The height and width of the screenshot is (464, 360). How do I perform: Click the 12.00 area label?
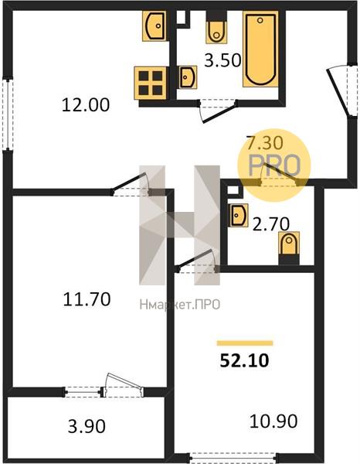(x=86, y=104)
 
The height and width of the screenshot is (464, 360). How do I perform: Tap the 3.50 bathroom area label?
(x=222, y=60)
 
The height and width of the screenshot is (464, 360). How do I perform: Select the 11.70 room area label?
(x=87, y=299)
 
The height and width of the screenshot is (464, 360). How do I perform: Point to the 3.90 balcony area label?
(x=87, y=427)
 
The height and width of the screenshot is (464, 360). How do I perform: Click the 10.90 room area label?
(x=273, y=421)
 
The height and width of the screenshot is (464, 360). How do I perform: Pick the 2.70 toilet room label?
(x=271, y=223)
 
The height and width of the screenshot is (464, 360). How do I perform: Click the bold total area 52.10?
(x=244, y=360)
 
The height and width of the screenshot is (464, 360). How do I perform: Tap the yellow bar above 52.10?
(x=245, y=343)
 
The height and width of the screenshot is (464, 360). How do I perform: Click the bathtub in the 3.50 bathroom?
(x=260, y=49)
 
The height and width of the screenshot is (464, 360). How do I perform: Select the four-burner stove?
(x=150, y=84)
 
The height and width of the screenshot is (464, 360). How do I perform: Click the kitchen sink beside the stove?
(x=154, y=26)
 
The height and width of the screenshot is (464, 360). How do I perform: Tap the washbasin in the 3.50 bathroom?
(x=188, y=77)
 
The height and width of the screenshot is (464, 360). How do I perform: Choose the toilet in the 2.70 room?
(x=289, y=248)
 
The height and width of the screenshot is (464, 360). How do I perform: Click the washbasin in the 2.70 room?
(x=238, y=215)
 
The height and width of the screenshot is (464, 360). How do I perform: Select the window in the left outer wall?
(x=8, y=114)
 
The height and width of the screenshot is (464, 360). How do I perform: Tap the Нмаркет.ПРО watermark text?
(x=180, y=305)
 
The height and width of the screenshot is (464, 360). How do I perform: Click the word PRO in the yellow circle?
(x=274, y=165)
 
